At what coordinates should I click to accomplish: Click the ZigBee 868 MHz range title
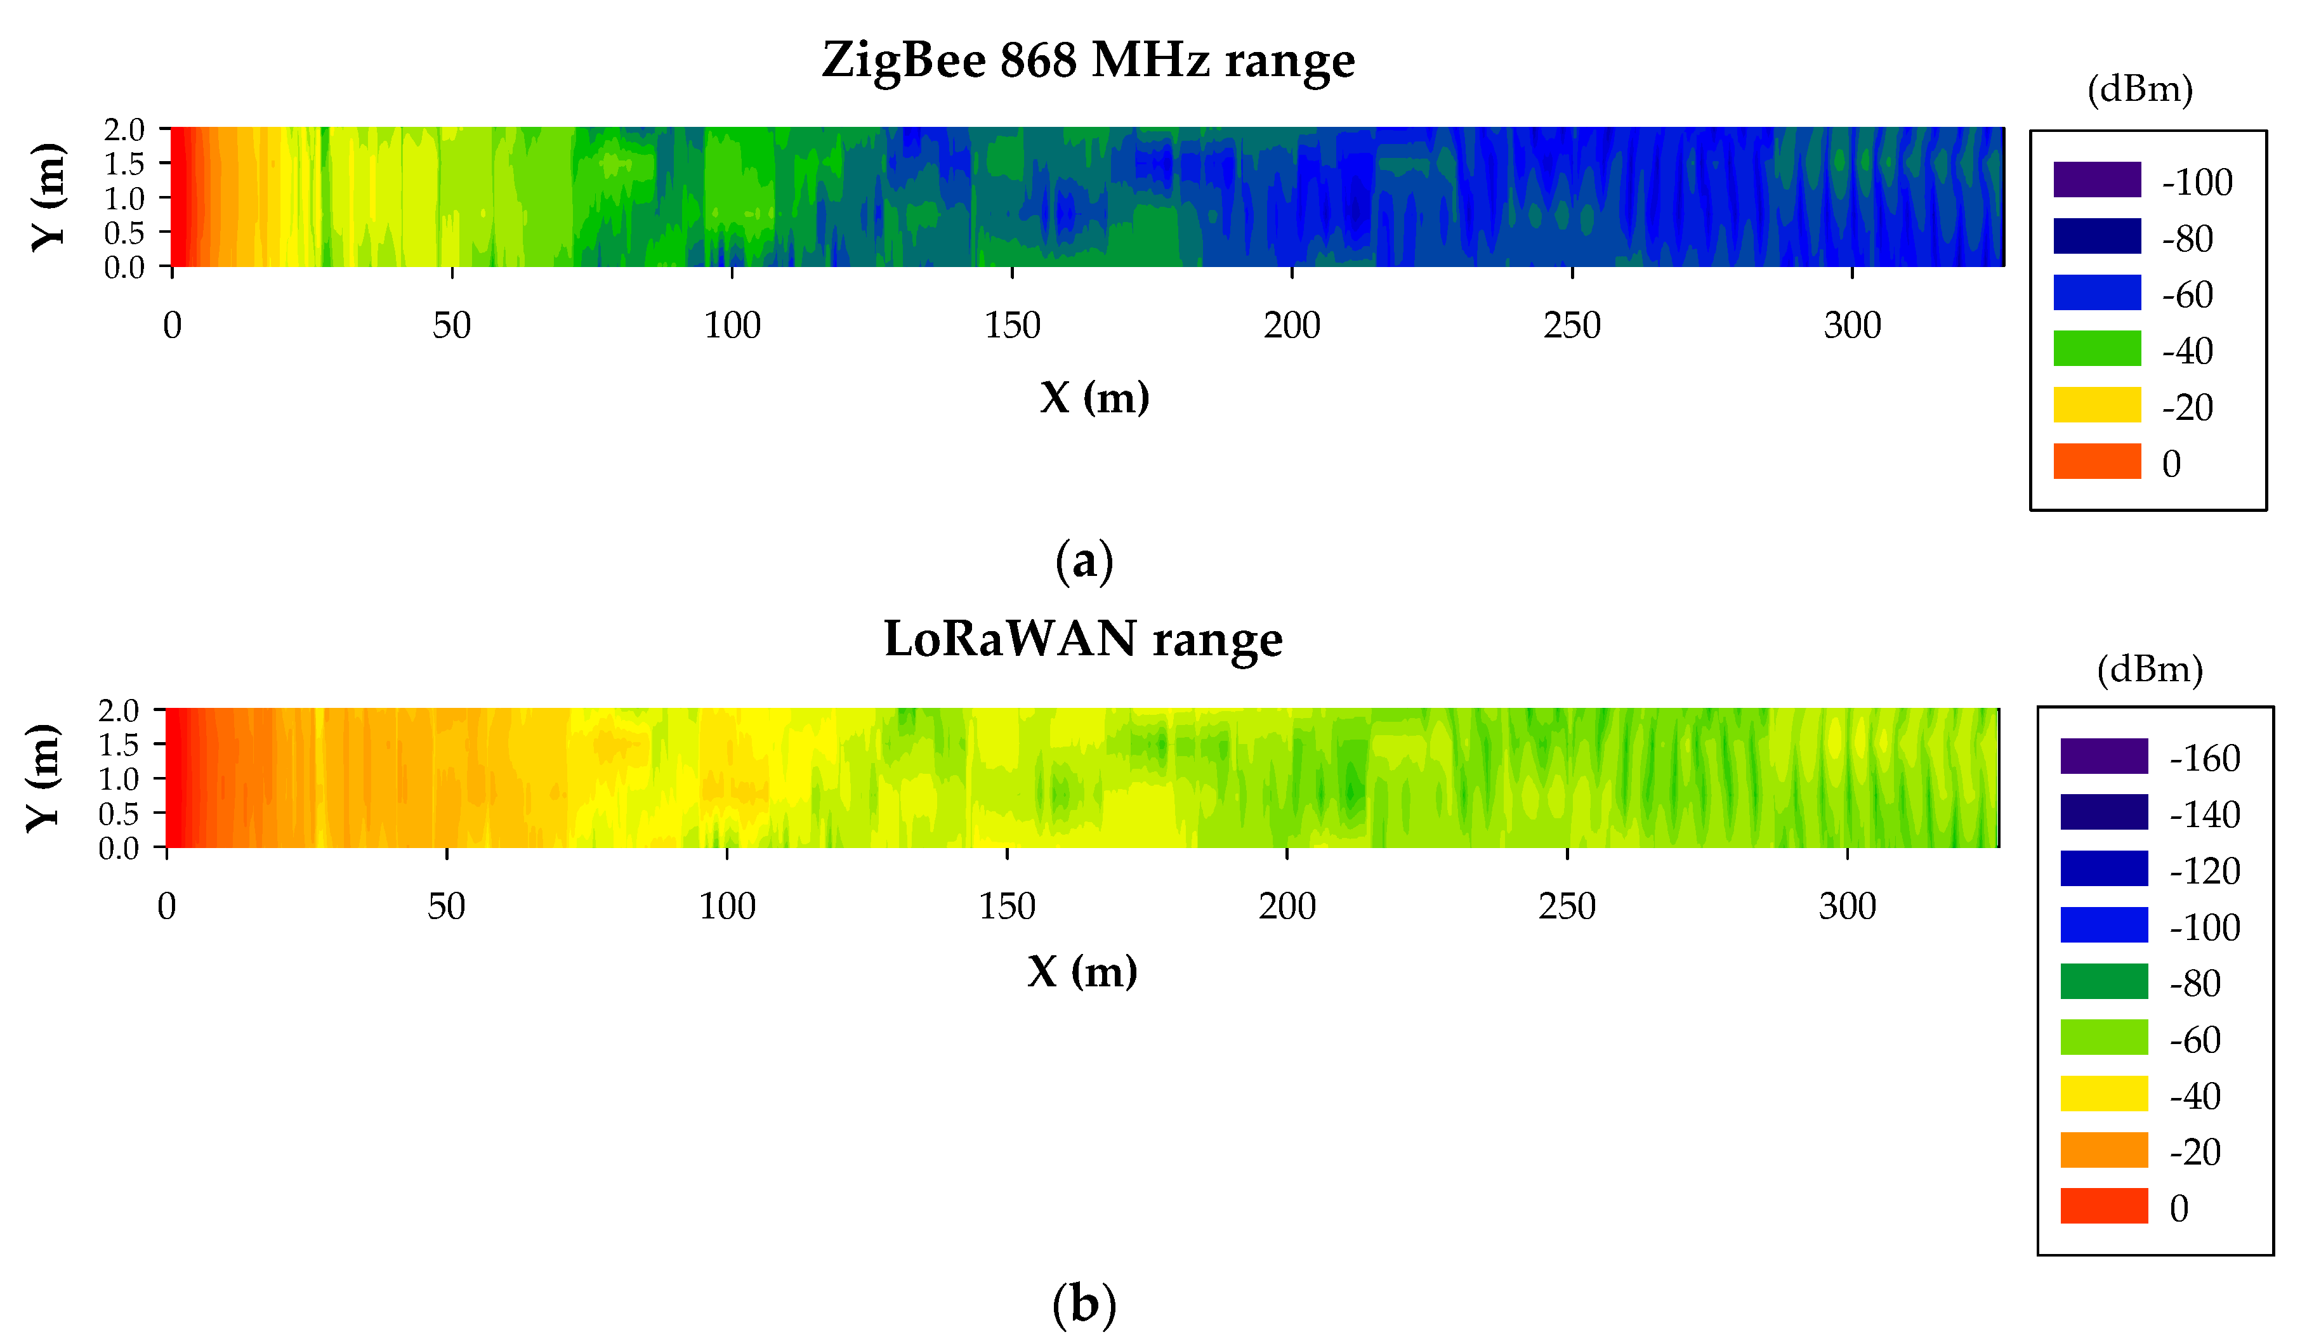coord(1088,62)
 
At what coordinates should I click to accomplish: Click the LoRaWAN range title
coord(1083,640)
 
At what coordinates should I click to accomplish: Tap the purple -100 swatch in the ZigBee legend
coord(2096,180)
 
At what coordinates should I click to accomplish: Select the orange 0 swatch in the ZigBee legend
coord(2096,461)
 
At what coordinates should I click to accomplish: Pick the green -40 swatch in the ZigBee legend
coord(2096,349)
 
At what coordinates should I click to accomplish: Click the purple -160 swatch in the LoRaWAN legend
coord(2104,756)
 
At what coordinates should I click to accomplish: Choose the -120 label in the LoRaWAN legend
coord(2204,872)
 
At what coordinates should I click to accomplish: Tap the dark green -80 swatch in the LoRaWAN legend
coord(2104,981)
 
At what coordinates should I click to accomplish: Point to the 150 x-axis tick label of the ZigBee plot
coord(1011,326)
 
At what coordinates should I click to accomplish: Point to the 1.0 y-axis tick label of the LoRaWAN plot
coord(119,780)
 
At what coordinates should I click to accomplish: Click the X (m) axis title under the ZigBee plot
coord(1094,397)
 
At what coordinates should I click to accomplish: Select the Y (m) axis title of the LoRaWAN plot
coord(44,779)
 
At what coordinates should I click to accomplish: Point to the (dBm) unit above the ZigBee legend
coord(2139,89)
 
